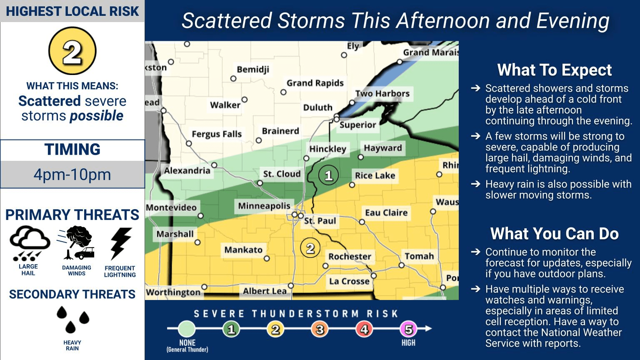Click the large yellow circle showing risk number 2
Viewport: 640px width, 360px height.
point(72,51)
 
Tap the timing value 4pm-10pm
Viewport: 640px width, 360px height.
point(72,175)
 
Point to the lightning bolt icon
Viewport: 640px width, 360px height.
point(120,243)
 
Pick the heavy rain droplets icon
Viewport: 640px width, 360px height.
point(72,320)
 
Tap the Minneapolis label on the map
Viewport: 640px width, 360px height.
point(264,206)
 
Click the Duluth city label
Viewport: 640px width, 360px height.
point(317,107)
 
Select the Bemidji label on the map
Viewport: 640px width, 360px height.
point(252,69)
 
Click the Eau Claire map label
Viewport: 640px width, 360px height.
point(386,212)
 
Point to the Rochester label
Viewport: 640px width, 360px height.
point(349,256)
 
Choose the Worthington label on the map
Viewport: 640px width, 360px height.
point(173,292)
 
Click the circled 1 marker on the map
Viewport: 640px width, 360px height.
point(328,175)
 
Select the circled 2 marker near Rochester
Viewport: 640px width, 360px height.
point(310,249)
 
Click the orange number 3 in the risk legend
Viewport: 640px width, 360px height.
point(320,330)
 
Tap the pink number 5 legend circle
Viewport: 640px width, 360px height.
point(408,330)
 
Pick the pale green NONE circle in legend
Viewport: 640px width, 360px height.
point(187,329)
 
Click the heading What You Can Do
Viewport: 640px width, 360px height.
point(554,234)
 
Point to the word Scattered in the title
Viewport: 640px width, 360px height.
point(227,20)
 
